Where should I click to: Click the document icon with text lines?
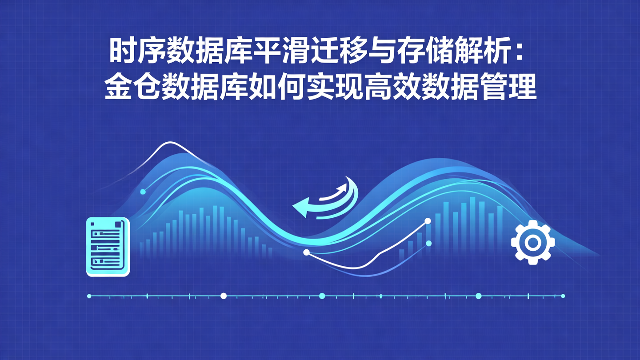(108, 247)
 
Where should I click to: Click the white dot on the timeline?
(224, 296)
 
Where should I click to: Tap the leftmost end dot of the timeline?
(89, 296)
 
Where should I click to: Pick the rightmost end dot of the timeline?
(563, 296)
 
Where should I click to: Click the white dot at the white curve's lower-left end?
(306, 252)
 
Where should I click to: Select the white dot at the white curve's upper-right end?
(428, 221)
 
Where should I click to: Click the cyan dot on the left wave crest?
(143, 192)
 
